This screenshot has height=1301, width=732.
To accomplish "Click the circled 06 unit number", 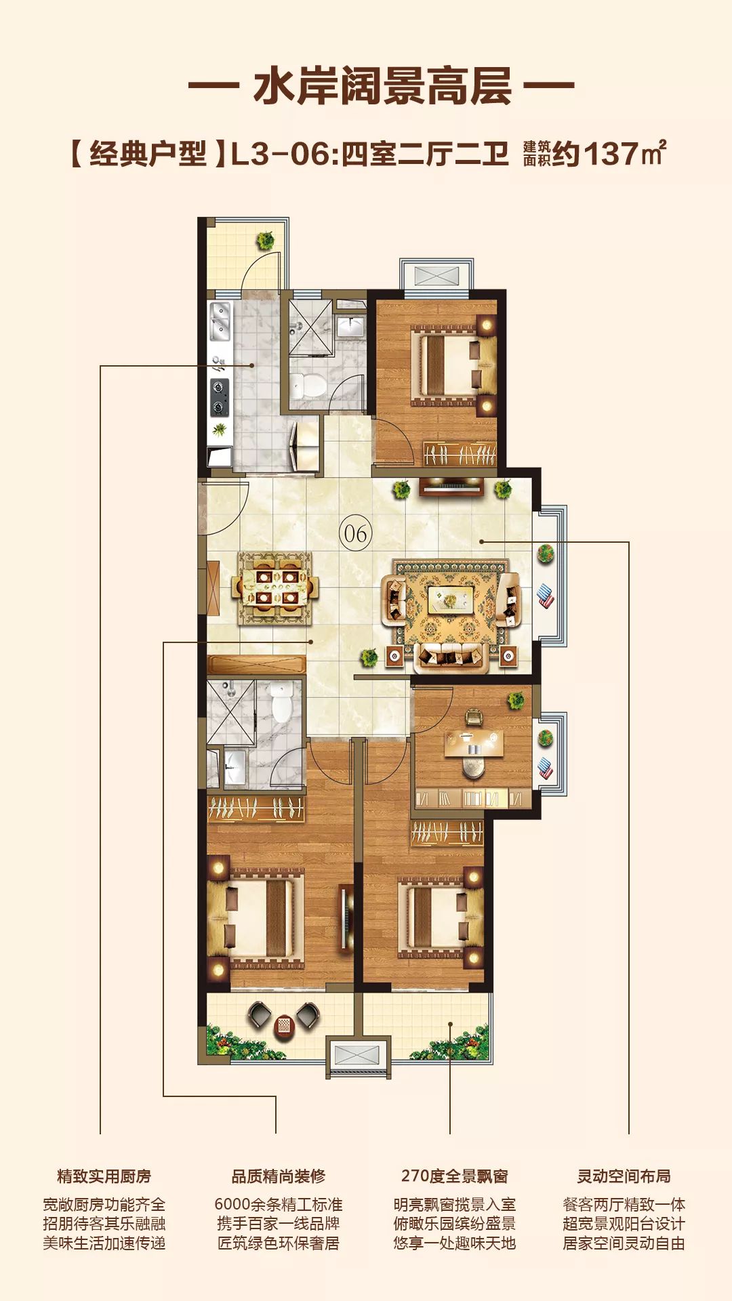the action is point(355,533).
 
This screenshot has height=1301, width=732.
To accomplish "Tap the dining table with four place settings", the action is point(276,587).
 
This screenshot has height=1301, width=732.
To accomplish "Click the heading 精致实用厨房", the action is point(104,1176).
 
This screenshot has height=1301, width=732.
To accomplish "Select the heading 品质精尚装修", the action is point(278,1176).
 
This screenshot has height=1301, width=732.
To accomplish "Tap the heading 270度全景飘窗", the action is point(454,1176).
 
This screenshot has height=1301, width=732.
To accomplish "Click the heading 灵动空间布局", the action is point(624,1176).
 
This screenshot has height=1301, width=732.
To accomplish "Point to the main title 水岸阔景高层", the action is point(382,86).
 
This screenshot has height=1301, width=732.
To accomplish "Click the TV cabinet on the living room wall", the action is point(451,487).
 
